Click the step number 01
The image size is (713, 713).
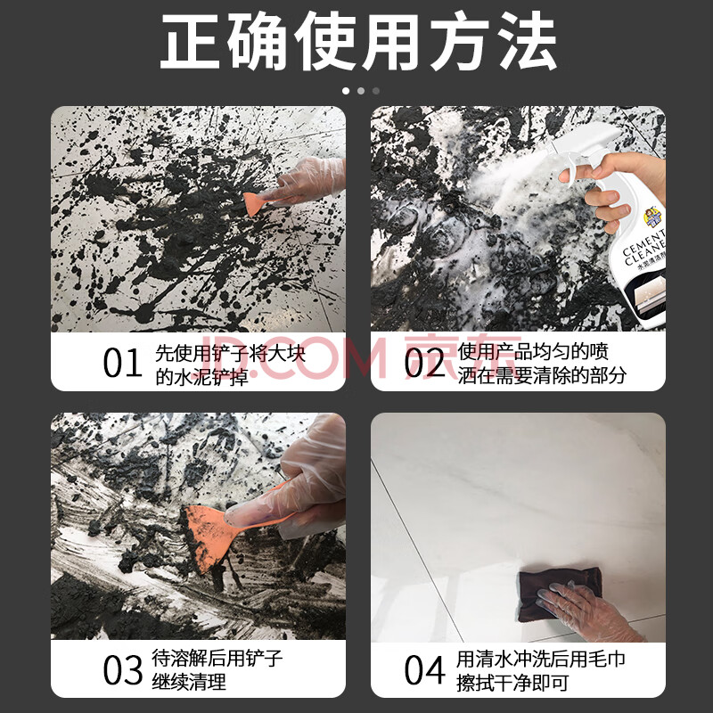click(x=122, y=363)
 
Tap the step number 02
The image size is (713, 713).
click(x=424, y=363)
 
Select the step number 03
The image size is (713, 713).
click(x=122, y=669)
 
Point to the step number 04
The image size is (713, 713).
click(x=424, y=669)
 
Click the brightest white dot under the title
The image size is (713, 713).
click(x=346, y=91)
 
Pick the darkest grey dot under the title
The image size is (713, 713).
click(x=376, y=91)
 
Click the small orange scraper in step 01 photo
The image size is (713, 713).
click(x=256, y=203)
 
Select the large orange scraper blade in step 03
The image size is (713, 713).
click(x=214, y=537)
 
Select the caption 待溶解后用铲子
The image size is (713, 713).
click(x=217, y=658)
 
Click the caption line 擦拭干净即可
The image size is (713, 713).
click(x=512, y=683)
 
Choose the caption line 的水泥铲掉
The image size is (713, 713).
click(x=201, y=376)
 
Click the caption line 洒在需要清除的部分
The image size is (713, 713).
click(x=542, y=375)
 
